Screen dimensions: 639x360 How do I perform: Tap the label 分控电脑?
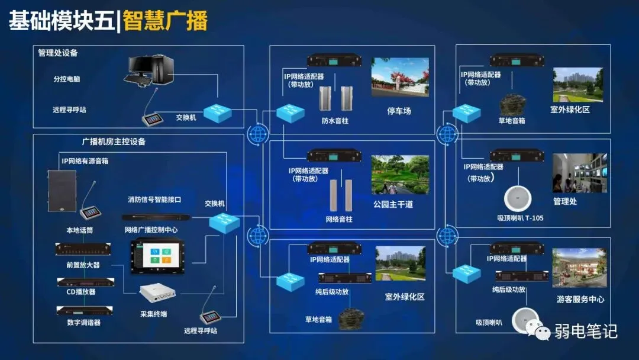coord(66,79)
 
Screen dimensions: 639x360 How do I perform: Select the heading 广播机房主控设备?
coord(114,142)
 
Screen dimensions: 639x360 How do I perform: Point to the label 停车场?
coord(399,111)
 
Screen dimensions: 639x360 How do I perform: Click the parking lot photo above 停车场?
coord(399,77)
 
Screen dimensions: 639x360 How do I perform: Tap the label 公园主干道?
coord(393,204)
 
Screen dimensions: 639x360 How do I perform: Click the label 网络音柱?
coord(339,220)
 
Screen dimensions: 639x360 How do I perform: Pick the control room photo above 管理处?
coord(579,173)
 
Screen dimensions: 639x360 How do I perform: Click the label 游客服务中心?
coord(580,300)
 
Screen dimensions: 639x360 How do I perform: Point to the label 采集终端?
coord(153,314)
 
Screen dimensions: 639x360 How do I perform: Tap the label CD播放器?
coord(81,292)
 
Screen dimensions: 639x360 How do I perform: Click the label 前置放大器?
coord(83,265)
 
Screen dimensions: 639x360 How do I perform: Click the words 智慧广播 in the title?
coord(165,22)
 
